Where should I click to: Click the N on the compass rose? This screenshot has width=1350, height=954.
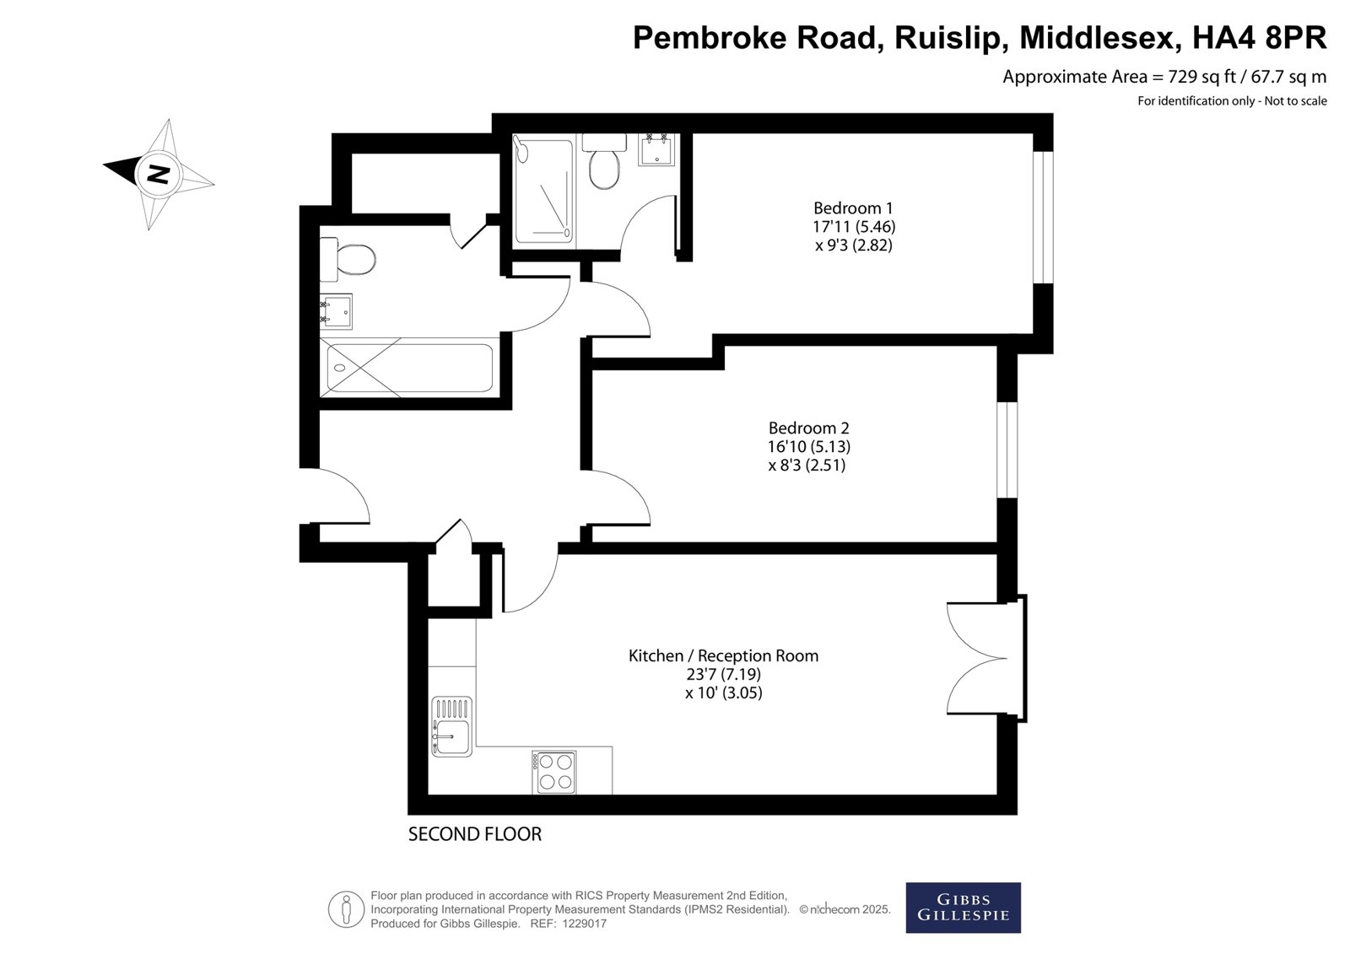tap(158, 174)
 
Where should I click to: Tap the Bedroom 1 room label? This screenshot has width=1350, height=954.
tap(853, 208)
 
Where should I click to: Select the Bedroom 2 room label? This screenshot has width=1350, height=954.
tap(808, 428)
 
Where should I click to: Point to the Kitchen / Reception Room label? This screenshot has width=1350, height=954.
tap(723, 655)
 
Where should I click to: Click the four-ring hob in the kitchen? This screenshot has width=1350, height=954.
tap(554, 772)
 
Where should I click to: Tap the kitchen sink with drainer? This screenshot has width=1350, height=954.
tap(452, 726)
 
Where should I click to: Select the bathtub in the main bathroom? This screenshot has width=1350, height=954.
tap(410, 368)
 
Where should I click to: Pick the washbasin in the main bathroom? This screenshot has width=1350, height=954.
tap(336, 311)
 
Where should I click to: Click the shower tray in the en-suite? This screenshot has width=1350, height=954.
tap(543, 191)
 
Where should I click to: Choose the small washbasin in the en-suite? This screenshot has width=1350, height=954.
tap(656, 148)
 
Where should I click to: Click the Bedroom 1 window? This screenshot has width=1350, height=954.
tap(1043, 217)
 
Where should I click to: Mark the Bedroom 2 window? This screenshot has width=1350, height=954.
tap(1007, 450)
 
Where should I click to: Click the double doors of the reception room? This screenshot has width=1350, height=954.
tap(986, 658)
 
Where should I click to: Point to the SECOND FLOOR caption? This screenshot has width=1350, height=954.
tap(475, 834)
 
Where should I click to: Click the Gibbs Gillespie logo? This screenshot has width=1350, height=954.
tap(963, 908)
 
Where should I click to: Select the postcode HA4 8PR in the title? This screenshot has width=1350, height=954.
tap(1260, 38)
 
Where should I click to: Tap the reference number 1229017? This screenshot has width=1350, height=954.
tap(584, 924)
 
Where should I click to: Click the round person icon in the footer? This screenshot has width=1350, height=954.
tap(346, 908)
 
